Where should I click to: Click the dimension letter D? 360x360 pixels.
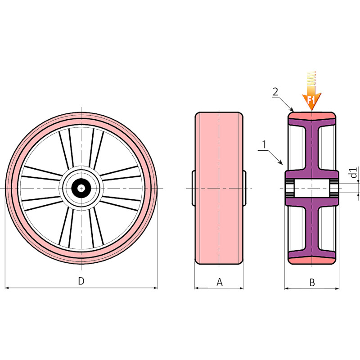tap(81, 281)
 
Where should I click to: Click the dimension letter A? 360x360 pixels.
tap(220, 282)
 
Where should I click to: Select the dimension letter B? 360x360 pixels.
tap(312, 283)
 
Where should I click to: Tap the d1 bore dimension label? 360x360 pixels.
tap(354, 172)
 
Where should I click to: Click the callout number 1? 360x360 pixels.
tap(264, 144)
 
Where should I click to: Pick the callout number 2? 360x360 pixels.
tap(275, 92)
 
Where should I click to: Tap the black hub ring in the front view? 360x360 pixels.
tap(81, 188)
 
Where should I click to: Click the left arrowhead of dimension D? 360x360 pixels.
tap(7, 288)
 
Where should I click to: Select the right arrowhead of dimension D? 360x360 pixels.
tap(155, 288)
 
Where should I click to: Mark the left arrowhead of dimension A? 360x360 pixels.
tap(197, 288)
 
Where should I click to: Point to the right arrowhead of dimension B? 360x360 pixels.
tap(337, 288)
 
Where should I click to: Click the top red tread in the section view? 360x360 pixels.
tap(312, 116)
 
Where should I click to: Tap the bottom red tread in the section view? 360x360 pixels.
tap(312, 260)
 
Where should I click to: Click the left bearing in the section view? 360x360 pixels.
tap(289, 188)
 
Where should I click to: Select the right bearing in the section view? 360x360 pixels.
tap(334, 188)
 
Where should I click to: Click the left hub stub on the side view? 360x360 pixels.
tap(193, 187)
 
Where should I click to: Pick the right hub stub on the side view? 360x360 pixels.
tap(244, 187)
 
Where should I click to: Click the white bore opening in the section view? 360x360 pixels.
tap(312, 188)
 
